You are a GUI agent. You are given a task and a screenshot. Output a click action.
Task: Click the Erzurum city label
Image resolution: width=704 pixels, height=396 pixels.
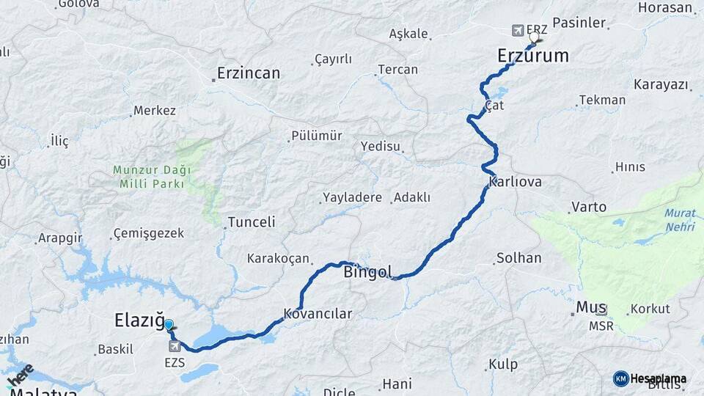532,56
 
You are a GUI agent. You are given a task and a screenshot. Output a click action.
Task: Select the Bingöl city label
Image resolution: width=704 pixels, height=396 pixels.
368,272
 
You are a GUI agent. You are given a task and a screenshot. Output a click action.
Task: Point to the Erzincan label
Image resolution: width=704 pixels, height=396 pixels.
249,73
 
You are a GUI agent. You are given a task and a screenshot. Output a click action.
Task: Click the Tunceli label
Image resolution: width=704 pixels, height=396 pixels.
251,221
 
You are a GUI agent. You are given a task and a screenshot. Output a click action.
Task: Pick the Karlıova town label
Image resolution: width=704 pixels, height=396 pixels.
514,182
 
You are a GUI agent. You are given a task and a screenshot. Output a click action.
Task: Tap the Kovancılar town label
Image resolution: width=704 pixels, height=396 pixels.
318,314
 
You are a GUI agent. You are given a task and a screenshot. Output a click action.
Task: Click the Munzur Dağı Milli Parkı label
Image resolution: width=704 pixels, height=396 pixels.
152,177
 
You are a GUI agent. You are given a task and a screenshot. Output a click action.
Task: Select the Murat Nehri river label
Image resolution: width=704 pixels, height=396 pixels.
680,220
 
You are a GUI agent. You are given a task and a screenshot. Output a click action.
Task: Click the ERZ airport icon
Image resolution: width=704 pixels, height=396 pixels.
518,30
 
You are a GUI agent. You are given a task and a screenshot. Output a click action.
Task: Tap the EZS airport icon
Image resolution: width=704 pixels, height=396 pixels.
175,346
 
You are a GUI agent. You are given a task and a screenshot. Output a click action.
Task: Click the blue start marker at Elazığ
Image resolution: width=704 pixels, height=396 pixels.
169,325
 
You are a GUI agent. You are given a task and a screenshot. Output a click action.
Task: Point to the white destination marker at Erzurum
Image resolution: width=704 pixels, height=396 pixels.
534,36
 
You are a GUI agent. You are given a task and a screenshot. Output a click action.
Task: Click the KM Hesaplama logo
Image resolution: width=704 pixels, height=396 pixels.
650,378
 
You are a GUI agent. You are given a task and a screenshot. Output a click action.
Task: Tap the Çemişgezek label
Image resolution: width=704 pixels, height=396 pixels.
149,234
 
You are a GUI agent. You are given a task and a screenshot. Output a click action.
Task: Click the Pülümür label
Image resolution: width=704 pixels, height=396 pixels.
317,136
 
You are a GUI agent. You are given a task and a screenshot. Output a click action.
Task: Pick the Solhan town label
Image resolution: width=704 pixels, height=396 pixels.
518,258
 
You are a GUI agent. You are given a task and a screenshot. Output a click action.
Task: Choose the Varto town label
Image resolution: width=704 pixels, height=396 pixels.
589,207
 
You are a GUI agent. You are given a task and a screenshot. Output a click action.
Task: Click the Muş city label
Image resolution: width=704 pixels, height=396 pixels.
591,307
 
